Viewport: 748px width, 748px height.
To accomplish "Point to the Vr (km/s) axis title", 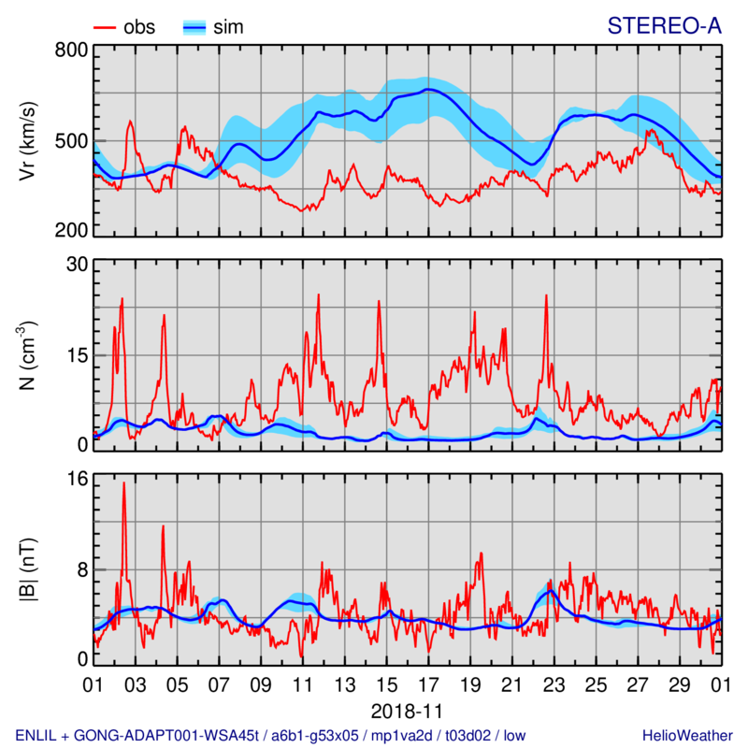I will click(30, 140).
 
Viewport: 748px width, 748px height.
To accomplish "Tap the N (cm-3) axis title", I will click(30, 355).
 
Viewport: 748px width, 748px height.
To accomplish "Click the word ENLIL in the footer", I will click(36, 734).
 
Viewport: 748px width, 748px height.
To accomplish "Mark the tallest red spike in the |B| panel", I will click(123, 484).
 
